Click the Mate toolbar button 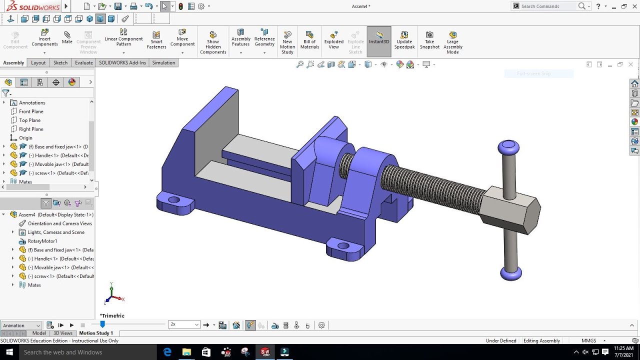[x=67, y=37]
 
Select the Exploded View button [x=333, y=39]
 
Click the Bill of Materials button [x=309, y=39]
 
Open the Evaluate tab [x=83, y=62]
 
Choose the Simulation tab [x=163, y=62]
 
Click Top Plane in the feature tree [x=29, y=120]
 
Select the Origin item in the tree [x=25, y=138]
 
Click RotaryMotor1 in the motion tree [x=42, y=241]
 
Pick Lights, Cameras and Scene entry [x=56, y=232]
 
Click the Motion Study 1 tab [x=96, y=333]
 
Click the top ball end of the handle [x=508, y=147]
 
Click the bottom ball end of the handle [x=511, y=273]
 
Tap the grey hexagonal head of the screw [x=510, y=210]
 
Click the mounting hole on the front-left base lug [x=174, y=200]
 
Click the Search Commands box [x=547, y=6]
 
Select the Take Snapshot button [x=429, y=39]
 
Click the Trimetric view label [x=112, y=315]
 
